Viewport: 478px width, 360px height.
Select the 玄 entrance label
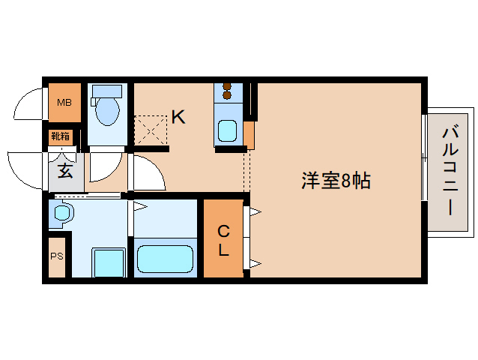click(66, 170)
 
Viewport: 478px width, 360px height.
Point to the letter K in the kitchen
click(178, 117)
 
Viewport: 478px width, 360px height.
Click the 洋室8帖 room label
click(336, 181)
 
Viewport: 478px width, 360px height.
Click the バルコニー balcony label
click(450, 171)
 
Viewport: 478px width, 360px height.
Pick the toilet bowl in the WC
click(107, 109)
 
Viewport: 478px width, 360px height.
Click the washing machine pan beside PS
click(107, 262)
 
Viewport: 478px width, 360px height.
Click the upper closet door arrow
click(255, 213)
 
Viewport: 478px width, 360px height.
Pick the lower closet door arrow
click(255, 263)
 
